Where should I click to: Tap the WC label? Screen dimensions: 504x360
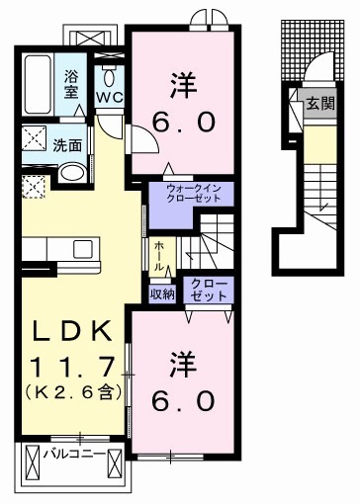[x=108, y=98]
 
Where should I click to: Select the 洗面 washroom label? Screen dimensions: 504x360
[x=67, y=144]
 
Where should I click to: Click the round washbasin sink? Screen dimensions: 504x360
[x=71, y=172]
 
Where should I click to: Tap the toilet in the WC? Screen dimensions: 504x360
[x=108, y=75]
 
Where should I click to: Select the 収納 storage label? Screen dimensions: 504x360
[x=162, y=293]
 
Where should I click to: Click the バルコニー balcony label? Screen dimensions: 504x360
[x=75, y=456]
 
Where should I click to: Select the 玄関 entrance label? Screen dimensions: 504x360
[x=318, y=102]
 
